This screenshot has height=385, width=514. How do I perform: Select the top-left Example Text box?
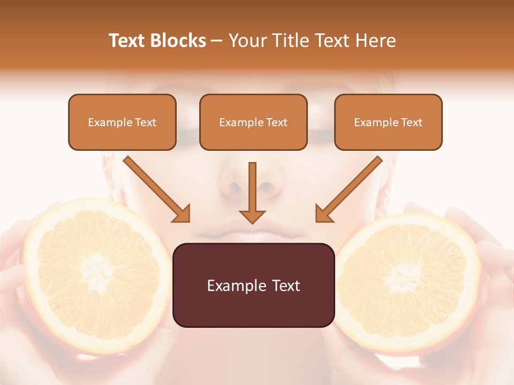[x=122, y=122]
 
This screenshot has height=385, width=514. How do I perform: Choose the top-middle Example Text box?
[x=253, y=122]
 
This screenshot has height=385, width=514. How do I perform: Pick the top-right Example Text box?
[x=388, y=122]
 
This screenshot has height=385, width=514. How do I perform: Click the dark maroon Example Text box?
[x=253, y=286]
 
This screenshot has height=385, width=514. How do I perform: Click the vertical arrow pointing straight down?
[x=252, y=192]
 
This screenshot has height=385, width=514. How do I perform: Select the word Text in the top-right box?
[x=412, y=122]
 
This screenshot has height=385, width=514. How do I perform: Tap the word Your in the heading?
[x=246, y=41]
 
